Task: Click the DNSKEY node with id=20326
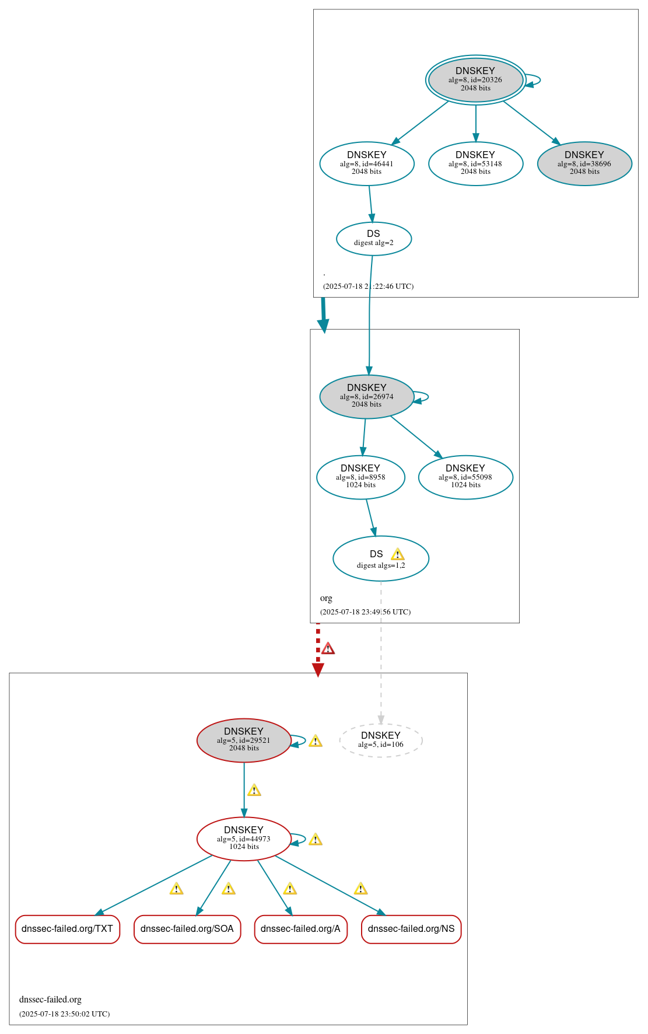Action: click(475, 80)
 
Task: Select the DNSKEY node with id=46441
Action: click(367, 163)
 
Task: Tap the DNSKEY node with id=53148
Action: click(475, 163)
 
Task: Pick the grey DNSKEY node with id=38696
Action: click(584, 163)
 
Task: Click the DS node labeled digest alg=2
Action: click(374, 239)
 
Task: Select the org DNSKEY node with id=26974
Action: click(366, 396)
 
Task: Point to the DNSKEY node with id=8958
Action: click(360, 477)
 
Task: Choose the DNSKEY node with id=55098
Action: click(465, 477)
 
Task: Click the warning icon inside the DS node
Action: click(397, 554)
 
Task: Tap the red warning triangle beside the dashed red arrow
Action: click(328, 648)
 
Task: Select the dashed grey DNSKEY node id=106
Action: click(380, 740)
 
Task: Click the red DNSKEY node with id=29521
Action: click(244, 740)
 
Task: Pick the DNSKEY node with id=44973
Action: click(244, 839)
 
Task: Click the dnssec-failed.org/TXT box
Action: click(68, 929)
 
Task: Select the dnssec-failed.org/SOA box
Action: click(187, 929)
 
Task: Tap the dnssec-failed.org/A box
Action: click(300, 929)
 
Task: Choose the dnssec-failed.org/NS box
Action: click(411, 929)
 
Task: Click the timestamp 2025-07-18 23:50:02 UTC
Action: click(65, 1014)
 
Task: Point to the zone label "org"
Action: click(326, 598)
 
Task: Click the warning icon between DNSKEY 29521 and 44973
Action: click(254, 791)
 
